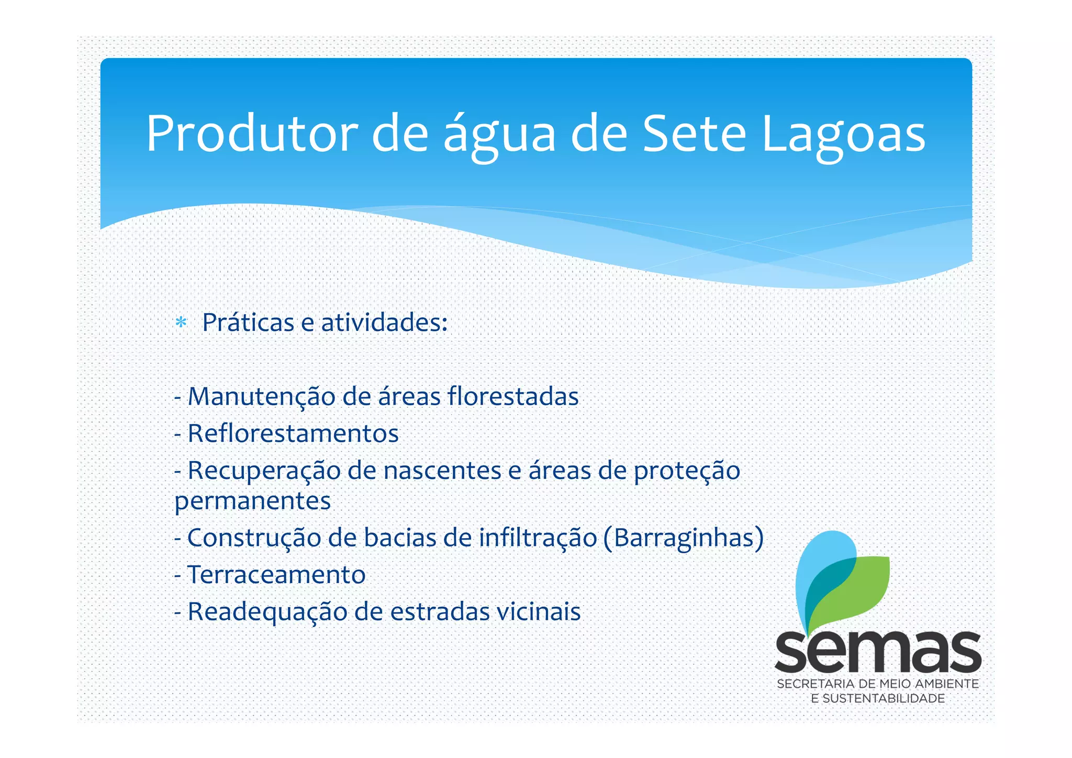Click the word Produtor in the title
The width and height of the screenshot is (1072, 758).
pyautogui.click(x=252, y=135)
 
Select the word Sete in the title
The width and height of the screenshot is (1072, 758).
pyautogui.click(x=694, y=135)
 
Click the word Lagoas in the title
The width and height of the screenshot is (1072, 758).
pyautogui.click(x=844, y=135)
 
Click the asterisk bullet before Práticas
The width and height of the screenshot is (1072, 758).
pyautogui.click(x=181, y=322)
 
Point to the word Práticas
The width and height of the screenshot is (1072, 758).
pyautogui.click(x=248, y=322)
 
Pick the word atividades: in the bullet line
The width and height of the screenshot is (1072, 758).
pyautogui.click(x=384, y=322)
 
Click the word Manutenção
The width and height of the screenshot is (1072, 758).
pyautogui.click(x=261, y=396)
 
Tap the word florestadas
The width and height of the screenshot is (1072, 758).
pyautogui.click(x=513, y=396)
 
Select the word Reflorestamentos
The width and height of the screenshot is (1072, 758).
pyautogui.click(x=293, y=433)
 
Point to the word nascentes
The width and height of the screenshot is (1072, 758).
pyautogui.click(x=442, y=470)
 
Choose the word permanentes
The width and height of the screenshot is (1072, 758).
pyautogui.click(x=253, y=501)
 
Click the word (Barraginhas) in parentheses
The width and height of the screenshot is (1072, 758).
pyautogui.click(x=683, y=538)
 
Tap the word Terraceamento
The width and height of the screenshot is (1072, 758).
pyautogui.click(x=276, y=575)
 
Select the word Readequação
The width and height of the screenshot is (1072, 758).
pyautogui.click(x=267, y=611)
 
